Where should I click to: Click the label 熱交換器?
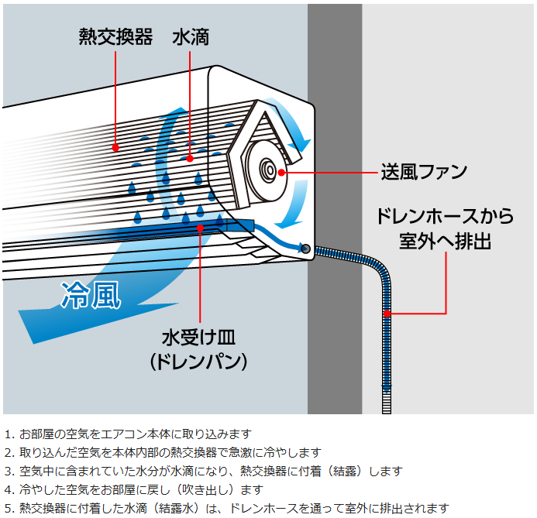tap(115, 37)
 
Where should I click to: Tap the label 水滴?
tap(191, 37)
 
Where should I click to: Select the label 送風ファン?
tap(423, 171)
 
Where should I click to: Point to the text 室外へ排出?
tap(446, 242)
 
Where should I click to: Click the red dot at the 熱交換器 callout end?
tap(115, 146)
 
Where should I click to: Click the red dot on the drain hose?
tap(387, 313)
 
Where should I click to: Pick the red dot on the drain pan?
tap(200, 228)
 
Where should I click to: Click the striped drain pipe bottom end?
tap(387, 407)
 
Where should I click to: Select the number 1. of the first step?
tap(9, 434)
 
